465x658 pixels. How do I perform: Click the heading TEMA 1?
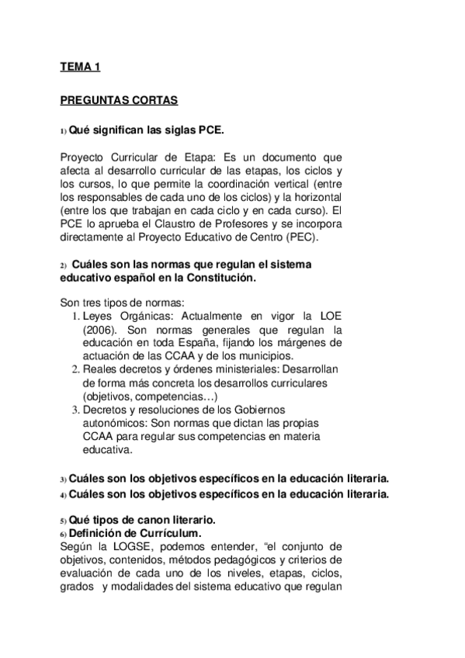[81, 68]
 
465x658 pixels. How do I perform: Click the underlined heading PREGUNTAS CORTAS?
[119, 100]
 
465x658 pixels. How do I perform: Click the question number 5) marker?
[64, 520]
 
